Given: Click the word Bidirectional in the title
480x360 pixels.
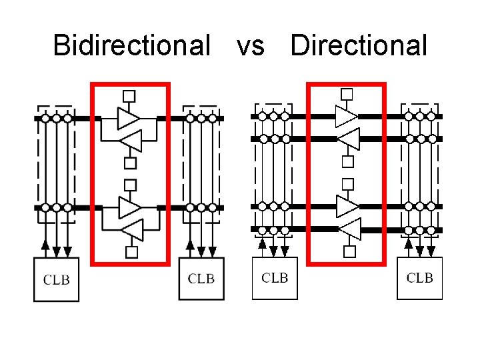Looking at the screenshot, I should coord(131,45).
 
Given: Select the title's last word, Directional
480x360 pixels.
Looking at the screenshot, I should coord(359,45).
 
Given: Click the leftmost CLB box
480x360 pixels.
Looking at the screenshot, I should coord(56,279).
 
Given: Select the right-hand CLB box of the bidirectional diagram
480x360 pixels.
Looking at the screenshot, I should coord(201,278).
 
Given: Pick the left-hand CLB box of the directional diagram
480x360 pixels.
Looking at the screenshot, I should coord(275,277).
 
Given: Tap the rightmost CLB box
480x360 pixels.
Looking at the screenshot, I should coord(420,277).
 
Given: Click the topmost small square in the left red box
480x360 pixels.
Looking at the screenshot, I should coord(129,96).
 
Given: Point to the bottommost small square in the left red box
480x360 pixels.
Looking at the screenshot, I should coord(131,251).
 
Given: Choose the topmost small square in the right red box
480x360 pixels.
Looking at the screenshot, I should coord(347,94).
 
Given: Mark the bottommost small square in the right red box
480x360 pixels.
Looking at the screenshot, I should coord(349,251).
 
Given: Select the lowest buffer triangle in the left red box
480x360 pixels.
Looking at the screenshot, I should coord(132,230).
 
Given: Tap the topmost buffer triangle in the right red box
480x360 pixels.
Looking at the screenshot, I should coord(345,116).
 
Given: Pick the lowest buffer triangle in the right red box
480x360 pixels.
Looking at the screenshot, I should coord(350,229).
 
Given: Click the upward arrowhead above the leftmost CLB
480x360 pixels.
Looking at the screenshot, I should coord(45,245).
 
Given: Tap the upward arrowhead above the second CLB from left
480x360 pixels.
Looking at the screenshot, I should coord(190,245).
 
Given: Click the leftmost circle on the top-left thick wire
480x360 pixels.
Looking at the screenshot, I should coord(45,119).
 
